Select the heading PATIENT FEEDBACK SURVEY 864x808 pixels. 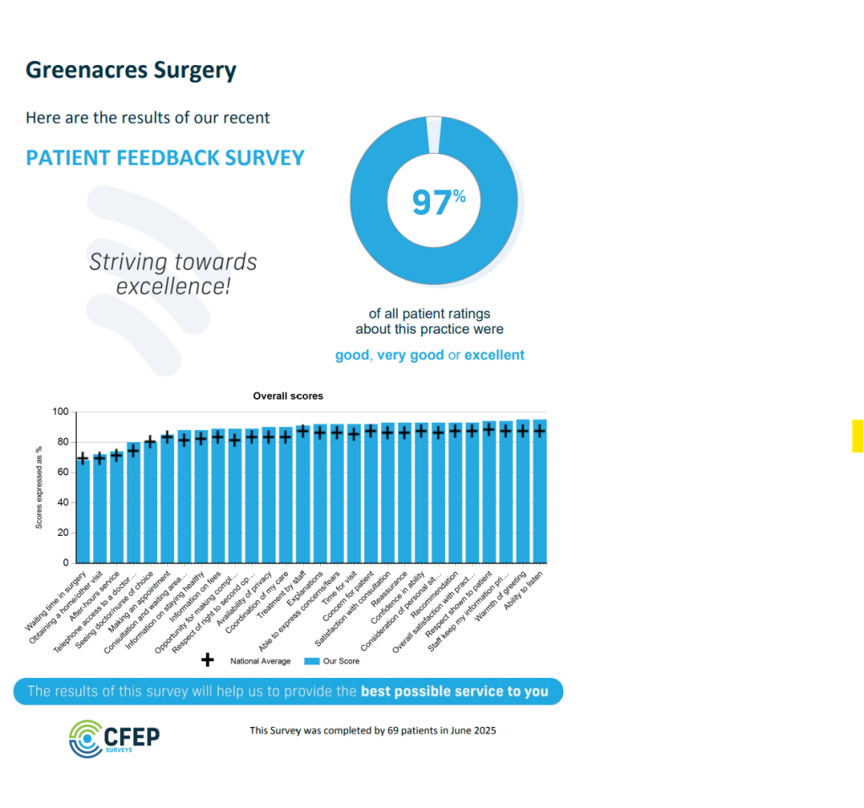[165, 158]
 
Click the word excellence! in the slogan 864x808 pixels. [173, 286]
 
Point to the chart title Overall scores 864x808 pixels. [288, 396]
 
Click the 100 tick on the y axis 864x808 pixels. [60, 412]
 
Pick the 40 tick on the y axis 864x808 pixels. [62, 503]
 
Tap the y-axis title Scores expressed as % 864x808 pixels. [39, 488]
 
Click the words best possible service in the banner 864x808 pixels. [430, 691]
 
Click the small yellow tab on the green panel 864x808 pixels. [857, 435]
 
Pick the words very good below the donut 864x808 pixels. [410, 355]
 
